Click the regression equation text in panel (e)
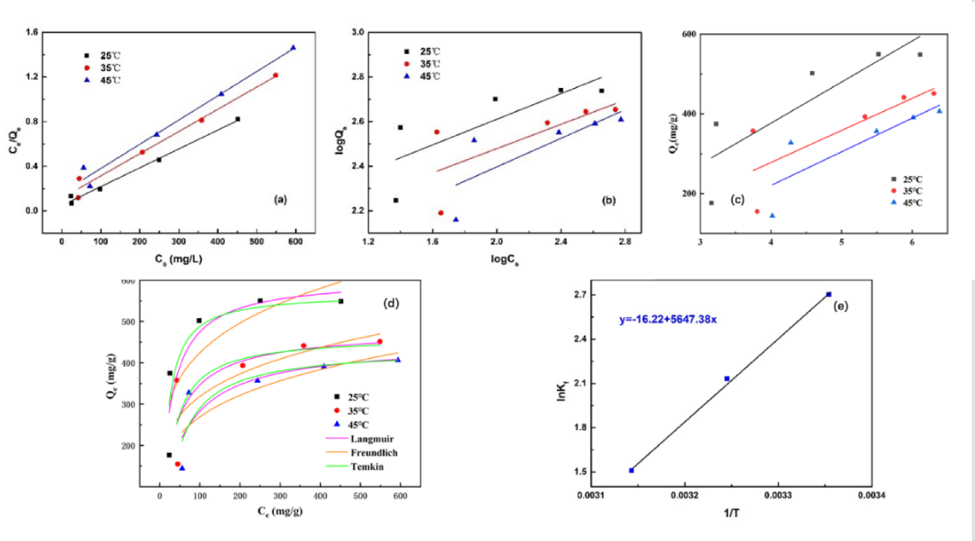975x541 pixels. coord(668,319)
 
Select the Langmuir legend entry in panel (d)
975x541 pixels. coord(372,439)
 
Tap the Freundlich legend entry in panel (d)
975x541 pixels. coord(374,453)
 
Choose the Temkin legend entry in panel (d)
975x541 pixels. coord(367,467)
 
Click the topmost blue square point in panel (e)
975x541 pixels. coord(829,294)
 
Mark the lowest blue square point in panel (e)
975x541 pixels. coord(631,470)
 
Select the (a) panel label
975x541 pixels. coord(280,199)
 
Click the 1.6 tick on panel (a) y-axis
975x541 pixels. coord(32,32)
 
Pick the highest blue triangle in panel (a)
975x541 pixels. coord(293,48)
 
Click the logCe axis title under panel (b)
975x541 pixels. coord(504,259)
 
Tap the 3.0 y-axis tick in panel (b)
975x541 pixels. coord(358,32)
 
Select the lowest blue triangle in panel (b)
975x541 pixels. coord(456,220)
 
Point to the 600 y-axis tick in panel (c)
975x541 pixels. coord(689,34)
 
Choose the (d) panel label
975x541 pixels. coord(391,303)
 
